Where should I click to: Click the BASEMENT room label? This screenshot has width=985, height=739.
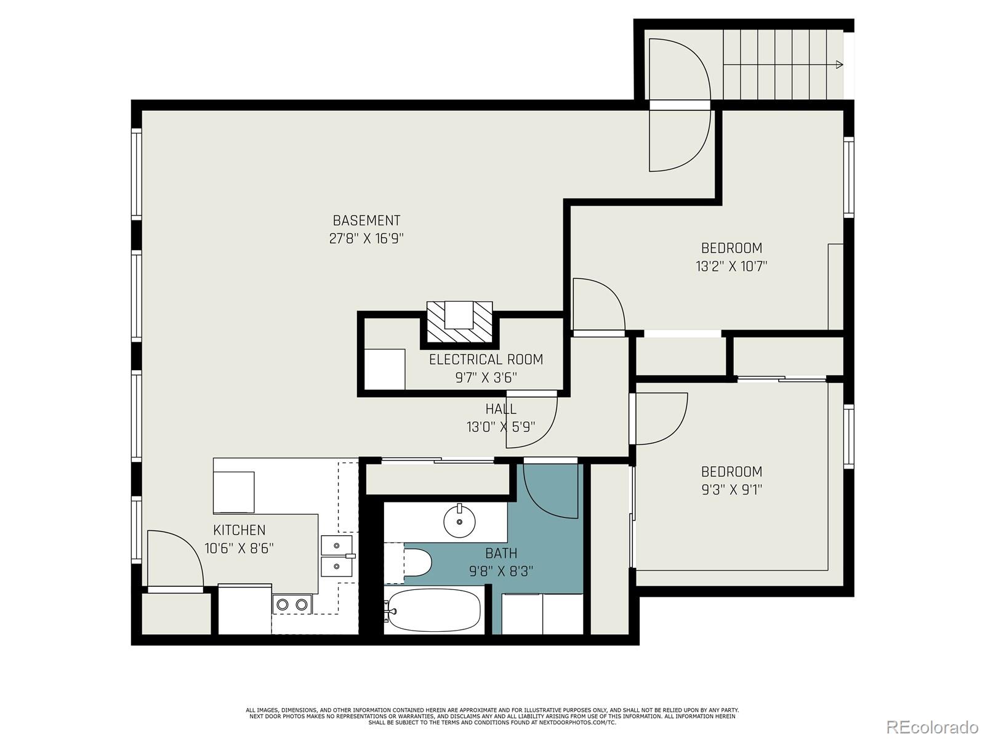pos(366,220)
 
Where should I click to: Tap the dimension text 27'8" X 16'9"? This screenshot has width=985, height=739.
pos(366,239)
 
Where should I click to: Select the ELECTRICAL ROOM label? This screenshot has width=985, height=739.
pos(486,359)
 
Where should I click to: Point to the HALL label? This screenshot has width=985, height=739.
pos(501,409)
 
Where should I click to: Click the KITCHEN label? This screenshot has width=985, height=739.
pos(239,530)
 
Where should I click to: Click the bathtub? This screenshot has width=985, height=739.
pos(433,610)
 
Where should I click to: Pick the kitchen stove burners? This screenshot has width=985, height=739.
pos(292,605)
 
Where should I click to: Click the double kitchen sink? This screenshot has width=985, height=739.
pos(337,555)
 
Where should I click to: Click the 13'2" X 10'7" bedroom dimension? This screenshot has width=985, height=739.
pos(731,267)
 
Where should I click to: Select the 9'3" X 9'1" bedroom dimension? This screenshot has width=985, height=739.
pos(731,490)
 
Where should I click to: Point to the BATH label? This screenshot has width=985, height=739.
pos(501,553)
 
